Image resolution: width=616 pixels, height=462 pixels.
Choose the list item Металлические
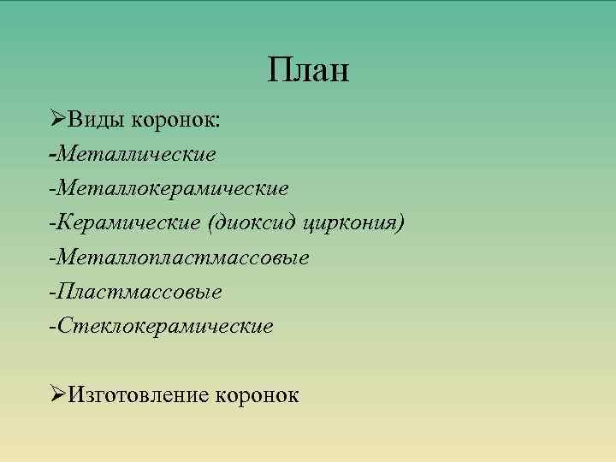pos(137,154)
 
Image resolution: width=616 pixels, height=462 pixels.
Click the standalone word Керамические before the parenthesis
pos(128,222)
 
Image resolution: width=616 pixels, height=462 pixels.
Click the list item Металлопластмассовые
pos(184,258)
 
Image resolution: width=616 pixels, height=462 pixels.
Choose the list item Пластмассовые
pos(139,292)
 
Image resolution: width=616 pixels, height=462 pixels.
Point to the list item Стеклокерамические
pos(165,326)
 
